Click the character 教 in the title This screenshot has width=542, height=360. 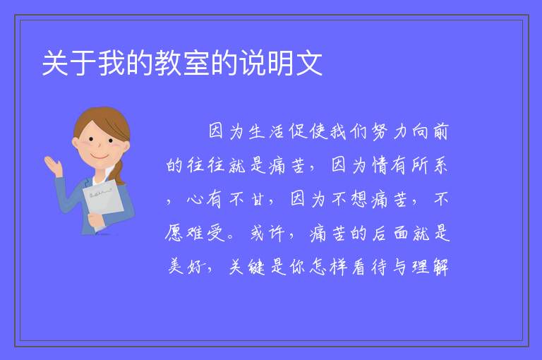[168, 63]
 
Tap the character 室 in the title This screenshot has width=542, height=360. [196, 63]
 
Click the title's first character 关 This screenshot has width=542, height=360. [55, 63]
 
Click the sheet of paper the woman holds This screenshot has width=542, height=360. [103, 201]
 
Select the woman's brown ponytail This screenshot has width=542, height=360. [119, 172]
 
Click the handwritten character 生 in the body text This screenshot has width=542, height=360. [257, 132]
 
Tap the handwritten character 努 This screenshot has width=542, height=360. [379, 132]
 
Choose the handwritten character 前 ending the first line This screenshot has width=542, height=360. [440, 132]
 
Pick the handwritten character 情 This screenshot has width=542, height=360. [380, 165]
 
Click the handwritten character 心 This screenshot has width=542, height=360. [195, 199]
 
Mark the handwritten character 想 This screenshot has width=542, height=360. [359, 199]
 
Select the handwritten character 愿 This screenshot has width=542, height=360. [174, 232]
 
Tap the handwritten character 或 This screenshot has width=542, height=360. [257, 232]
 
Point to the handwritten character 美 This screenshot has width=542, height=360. [175, 266]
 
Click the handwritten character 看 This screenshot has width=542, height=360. [359, 266]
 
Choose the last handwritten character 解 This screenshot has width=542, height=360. [440, 266]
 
